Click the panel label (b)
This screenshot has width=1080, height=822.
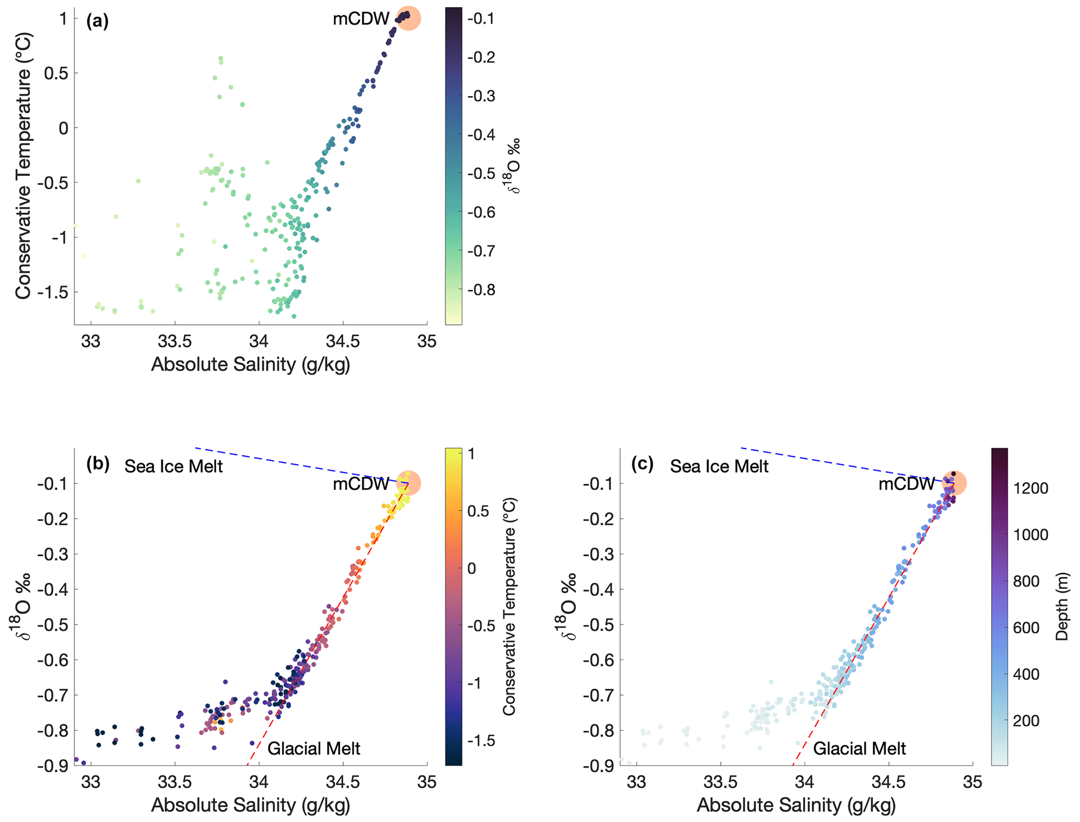(x=98, y=464)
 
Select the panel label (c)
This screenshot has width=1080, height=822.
(x=643, y=464)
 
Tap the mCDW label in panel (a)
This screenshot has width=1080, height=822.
(x=361, y=19)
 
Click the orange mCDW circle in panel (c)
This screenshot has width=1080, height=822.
(x=954, y=483)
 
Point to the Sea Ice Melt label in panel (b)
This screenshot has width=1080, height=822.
(x=173, y=466)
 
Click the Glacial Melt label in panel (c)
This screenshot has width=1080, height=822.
(x=860, y=749)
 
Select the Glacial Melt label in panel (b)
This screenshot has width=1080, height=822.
(x=313, y=749)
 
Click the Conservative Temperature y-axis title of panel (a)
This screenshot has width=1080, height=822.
(x=23, y=166)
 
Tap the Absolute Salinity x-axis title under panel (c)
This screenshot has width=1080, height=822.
(x=796, y=805)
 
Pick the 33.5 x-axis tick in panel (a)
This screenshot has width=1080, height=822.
(x=175, y=342)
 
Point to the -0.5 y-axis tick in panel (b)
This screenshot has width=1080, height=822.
(x=53, y=624)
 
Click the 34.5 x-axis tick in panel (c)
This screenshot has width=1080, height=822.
(x=888, y=782)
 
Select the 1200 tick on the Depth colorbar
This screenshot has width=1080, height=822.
(x=1031, y=488)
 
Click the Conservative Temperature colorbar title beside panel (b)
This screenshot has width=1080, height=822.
(x=509, y=607)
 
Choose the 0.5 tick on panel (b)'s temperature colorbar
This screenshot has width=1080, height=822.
(x=479, y=511)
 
